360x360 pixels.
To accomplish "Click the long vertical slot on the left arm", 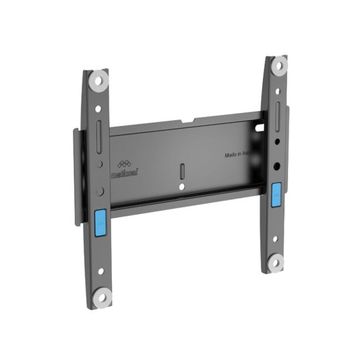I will click(98, 130).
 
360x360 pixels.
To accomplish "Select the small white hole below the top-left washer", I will click(98, 100).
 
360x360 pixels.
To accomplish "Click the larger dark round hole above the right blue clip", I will click(276, 166).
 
